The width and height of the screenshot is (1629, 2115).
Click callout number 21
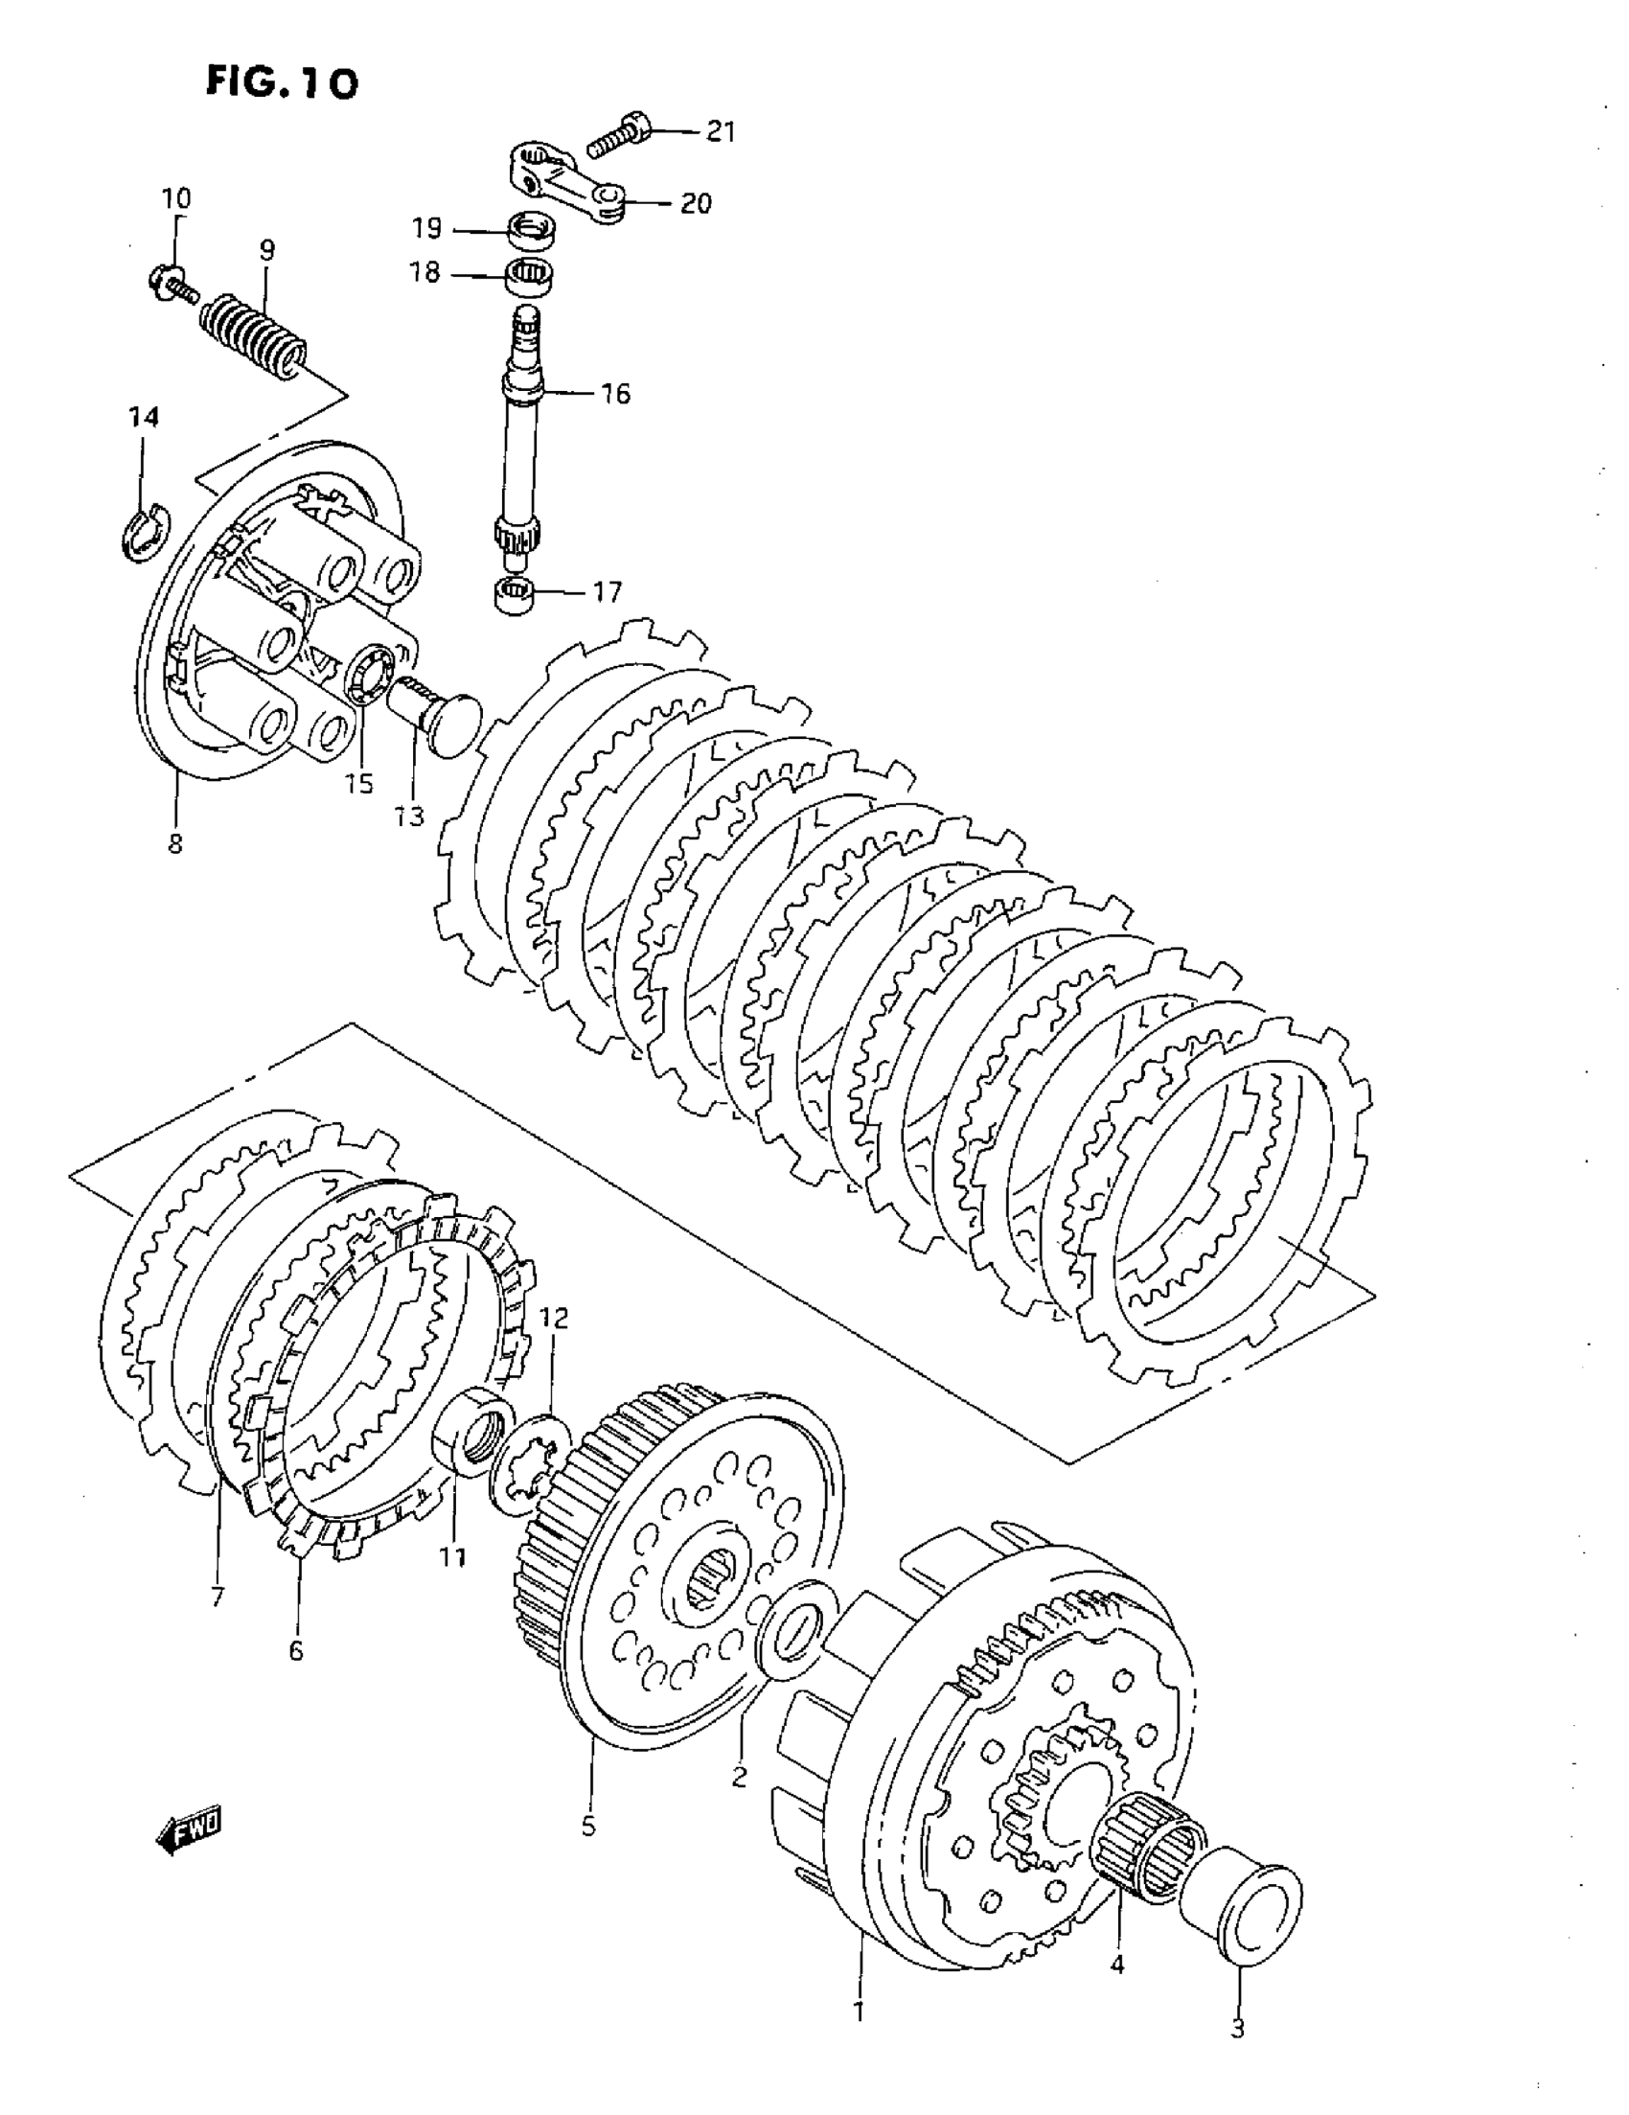(720, 130)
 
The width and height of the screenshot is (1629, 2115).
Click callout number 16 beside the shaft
(615, 394)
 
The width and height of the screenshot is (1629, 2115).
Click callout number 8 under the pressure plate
(174, 843)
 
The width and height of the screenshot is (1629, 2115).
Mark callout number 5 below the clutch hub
(587, 1828)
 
